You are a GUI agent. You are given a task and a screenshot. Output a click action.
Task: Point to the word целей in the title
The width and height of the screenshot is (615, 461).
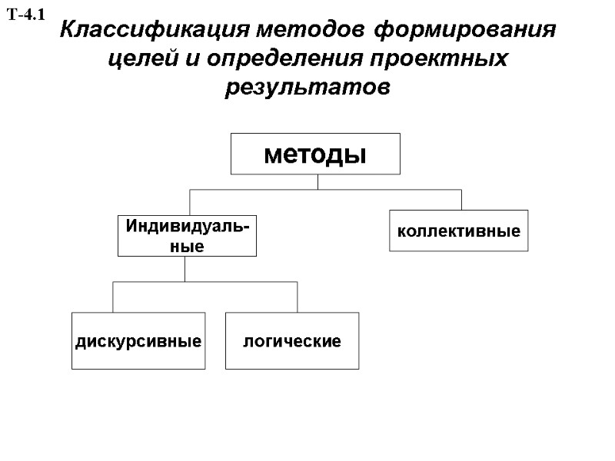(135, 59)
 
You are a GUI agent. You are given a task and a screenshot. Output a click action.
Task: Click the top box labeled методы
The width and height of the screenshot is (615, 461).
(315, 154)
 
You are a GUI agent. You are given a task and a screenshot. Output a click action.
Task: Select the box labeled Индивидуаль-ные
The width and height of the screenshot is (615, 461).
(186, 235)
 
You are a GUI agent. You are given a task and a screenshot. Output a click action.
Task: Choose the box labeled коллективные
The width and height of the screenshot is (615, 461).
(458, 230)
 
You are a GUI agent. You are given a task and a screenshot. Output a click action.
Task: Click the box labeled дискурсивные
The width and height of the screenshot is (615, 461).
(138, 340)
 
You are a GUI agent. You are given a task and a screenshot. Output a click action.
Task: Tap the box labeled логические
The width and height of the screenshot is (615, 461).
(292, 340)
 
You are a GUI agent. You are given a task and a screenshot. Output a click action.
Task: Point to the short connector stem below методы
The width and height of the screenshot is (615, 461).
(317, 181)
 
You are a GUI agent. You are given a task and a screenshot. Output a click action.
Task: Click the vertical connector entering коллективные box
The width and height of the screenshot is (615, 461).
(461, 199)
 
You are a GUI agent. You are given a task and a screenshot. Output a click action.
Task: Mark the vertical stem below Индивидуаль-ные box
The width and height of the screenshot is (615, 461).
(184, 269)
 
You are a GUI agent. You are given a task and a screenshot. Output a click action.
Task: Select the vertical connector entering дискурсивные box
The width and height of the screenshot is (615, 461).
(114, 297)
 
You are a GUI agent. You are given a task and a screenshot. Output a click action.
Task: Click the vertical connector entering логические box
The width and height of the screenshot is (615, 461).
(298, 297)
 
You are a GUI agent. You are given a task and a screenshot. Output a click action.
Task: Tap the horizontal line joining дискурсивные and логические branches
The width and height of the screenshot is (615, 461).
(205, 282)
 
